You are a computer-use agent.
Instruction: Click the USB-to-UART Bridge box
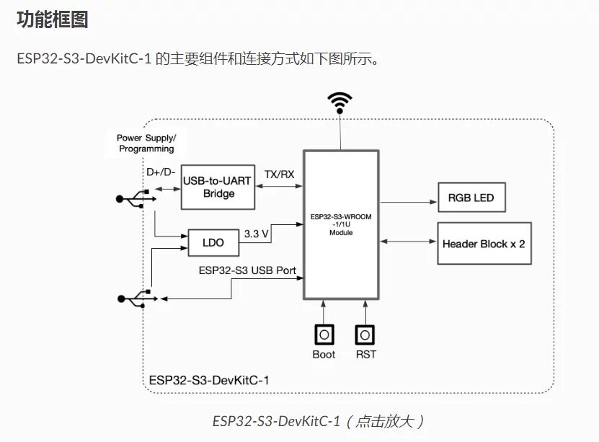click(218, 187)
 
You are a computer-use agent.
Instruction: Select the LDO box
click(213, 242)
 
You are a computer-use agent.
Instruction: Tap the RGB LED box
click(472, 198)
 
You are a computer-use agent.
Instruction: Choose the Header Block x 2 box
click(484, 243)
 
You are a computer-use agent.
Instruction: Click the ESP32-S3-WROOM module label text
click(341, 224)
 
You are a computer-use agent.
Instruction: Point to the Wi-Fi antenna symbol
click(340, 103)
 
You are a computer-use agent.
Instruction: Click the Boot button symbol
click(324, 335)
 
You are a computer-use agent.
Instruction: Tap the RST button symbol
click(365, 335)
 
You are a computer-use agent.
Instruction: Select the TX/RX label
click(279, 174)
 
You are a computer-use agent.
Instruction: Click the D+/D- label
click(161, 172)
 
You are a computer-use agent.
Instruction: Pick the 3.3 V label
click(257, 234)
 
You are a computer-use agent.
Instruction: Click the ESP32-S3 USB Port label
click(247, 270)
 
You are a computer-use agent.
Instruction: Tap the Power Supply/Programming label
click(146, 143)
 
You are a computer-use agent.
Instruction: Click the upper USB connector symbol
click(136, 199)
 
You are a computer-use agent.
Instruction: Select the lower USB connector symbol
click(138, 299)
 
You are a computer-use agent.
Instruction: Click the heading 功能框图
click(53, 19)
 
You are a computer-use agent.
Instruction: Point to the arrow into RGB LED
click(409, 202)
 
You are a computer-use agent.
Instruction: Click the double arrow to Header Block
click(409, 242)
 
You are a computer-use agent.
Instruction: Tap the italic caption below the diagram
click(318, 421)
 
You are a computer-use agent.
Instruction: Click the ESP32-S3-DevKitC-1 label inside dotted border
click(209, 381)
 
